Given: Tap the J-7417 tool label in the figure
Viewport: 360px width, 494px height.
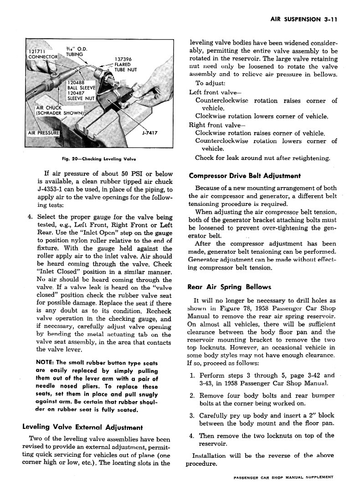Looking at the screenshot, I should (150, 133).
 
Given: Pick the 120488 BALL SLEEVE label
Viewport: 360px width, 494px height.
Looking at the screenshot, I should (81, 85).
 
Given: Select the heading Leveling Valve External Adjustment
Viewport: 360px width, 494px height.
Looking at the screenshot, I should (82, 428).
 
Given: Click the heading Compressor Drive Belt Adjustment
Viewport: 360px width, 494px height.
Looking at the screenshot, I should (244, 175).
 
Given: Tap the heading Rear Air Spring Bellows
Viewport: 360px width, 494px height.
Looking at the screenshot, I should (229, 287).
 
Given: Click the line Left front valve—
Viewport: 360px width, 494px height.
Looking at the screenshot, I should (211, 92).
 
